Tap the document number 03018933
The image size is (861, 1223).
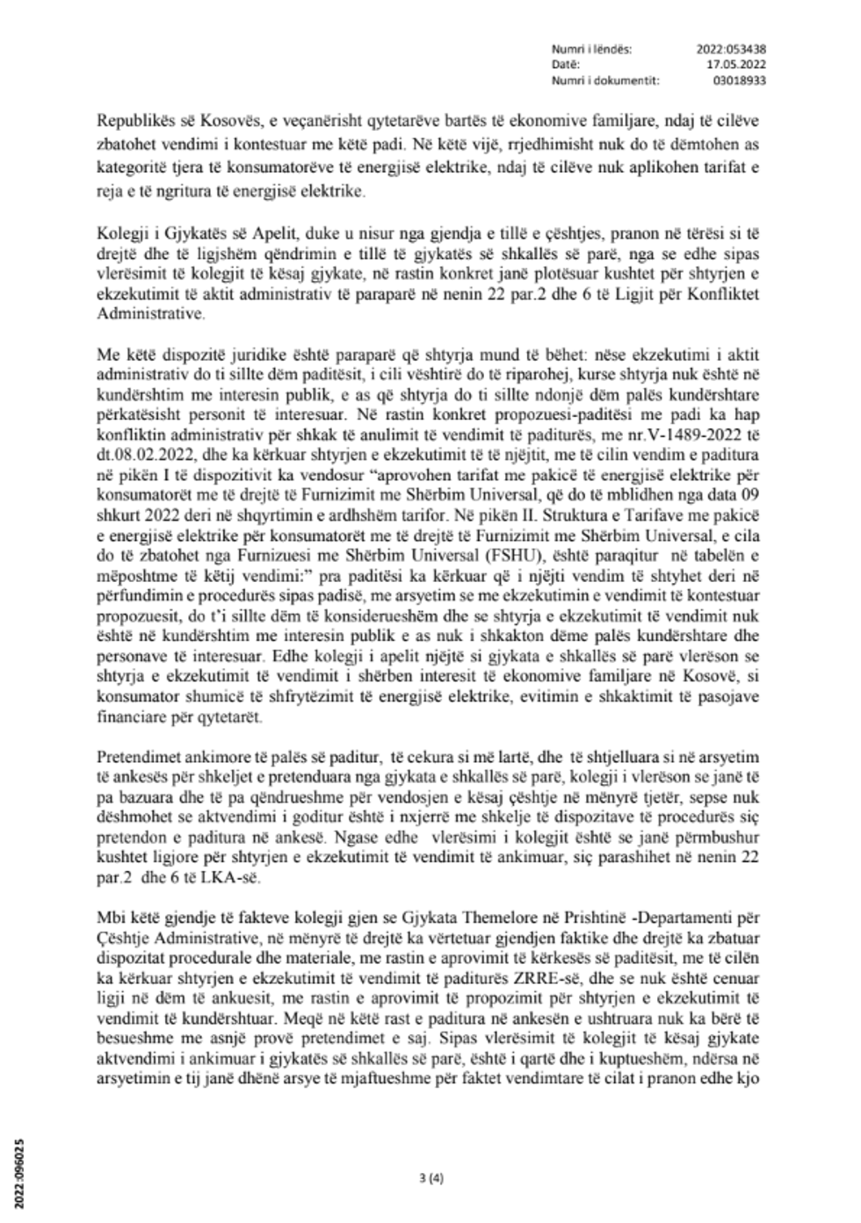(x=741, y=79)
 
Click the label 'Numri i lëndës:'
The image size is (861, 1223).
(x=591, y=49)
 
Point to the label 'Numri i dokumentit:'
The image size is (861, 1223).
(x=605, y=79)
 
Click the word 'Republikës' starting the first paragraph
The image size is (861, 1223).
(x=132, y=119)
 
